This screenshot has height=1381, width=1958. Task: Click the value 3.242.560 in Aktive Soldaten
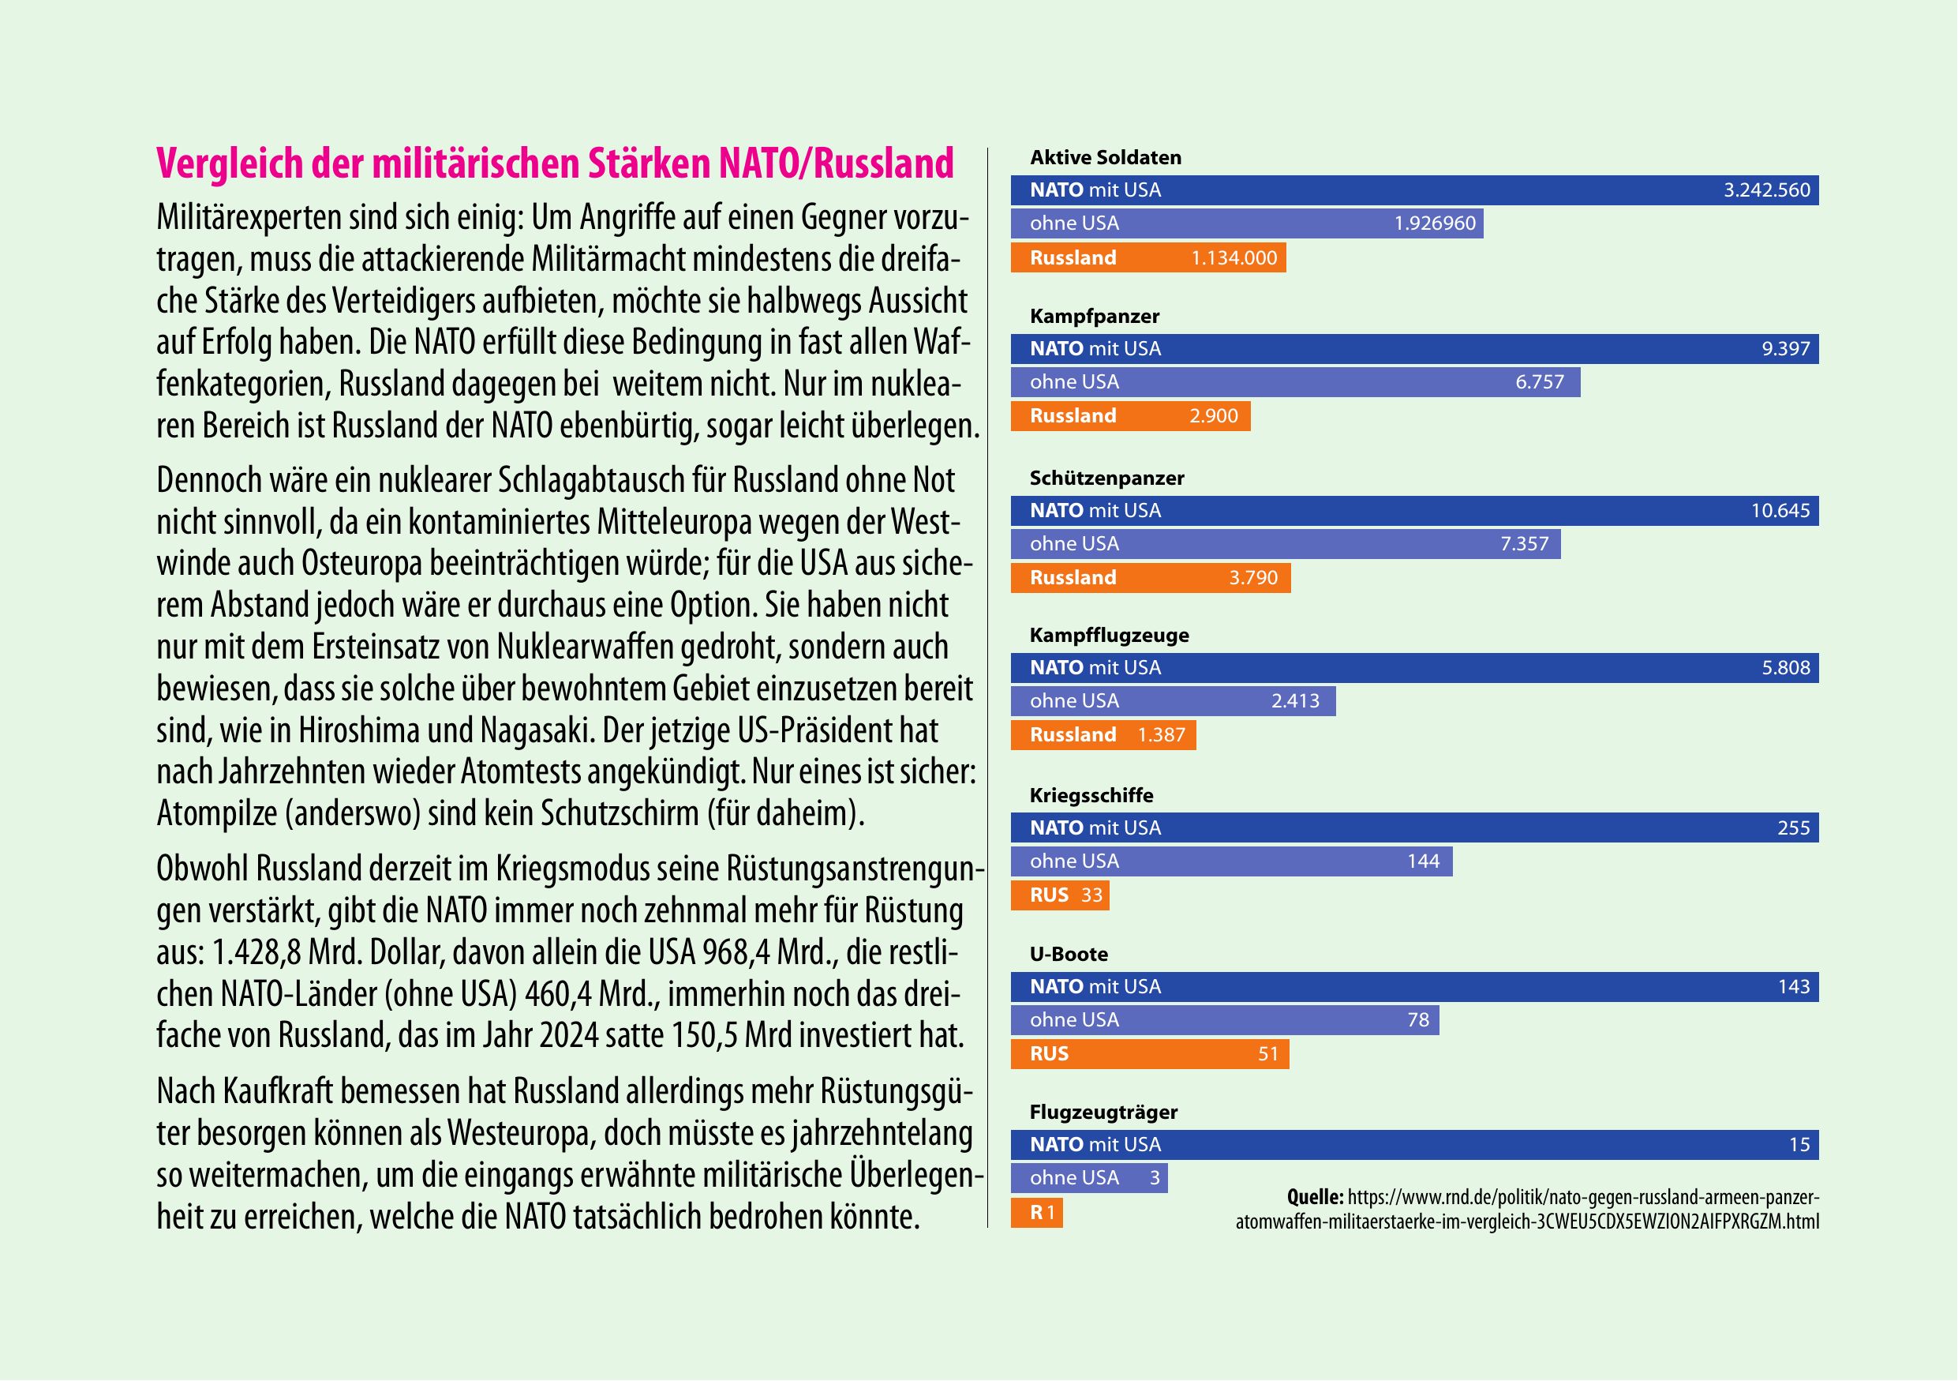[1766, 190]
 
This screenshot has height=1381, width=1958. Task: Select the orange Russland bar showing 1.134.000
[1147, 257]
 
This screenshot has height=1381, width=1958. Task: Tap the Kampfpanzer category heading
[1094, 317]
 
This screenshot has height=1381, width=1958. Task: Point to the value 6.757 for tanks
[1539, 382]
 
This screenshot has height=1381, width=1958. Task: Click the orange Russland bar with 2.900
[1130, 416]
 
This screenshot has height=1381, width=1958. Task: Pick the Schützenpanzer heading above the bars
[1106, 478]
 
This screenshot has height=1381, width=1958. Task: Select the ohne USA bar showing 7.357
[1285, 544]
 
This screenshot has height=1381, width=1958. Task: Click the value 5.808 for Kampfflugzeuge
[1786, 668]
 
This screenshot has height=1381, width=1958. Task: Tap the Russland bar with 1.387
[1103, 735]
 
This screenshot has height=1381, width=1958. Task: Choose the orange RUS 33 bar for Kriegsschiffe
[1059, 895]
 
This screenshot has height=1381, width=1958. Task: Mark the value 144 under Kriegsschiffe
[1423, 861]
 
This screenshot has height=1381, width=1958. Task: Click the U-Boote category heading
[1069, 955]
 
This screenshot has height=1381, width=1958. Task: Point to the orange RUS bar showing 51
[1149, 1054]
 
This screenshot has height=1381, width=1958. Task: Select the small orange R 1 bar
[1036, 1213]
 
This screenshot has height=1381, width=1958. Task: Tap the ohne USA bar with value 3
[1088, 1178]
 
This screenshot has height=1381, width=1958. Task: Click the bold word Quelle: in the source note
[1314, 1198]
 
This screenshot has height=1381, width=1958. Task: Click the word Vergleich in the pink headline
[229, 163]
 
